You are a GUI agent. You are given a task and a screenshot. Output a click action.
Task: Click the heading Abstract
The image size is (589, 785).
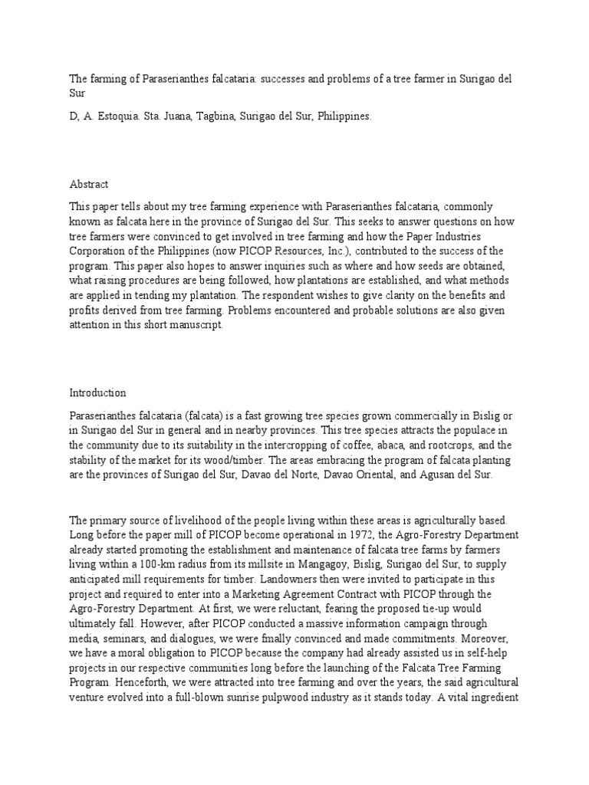89,185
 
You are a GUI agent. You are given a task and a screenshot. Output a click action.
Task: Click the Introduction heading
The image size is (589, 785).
97,393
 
